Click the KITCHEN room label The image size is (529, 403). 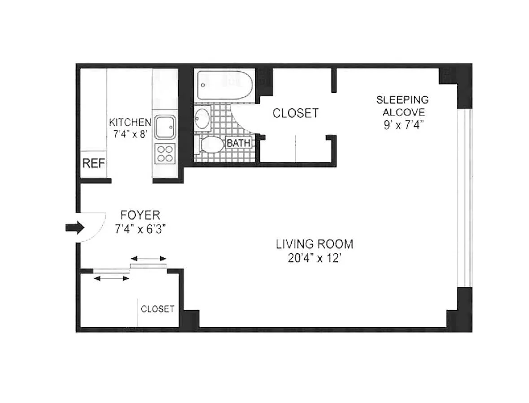pyautogui.click(x=130, y=121)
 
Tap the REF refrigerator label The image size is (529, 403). pyautogui.click(x=94, y=164)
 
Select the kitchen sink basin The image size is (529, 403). pyautogui.click(x=165, y=127)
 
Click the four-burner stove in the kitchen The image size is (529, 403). pyautogui.click(x=165, y=154)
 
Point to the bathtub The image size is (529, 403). pyautogui.click(x=224, y=85)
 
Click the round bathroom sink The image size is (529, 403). pyautogui.click(x=202, y=118)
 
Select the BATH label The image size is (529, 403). pyautogui.click(x=239, y=143)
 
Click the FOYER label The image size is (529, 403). pyautogui.click(x=140, y=215)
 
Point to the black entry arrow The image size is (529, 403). pyautogui.click(x=74, y=228)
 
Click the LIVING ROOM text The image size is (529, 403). pyautogui.click(x=315, y=244)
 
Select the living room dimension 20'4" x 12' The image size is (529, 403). pyautogui.click(x=315, y=258)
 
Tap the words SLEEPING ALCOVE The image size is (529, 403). pyautogui.click(x=403, y=106)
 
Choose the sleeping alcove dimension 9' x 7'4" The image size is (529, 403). pyautogui.click(x=403, y=125)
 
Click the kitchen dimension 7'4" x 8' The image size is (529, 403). pyautogui.click(x=131, y=134)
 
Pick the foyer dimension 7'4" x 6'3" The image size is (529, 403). pyautogui.click(x=140, y=229)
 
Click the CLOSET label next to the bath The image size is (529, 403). pyautogui.click(x=296, y=113)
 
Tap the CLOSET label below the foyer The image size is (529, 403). pyautogui.click(x=157, y=309)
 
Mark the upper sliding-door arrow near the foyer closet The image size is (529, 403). pyautogui.click(x=149, y=259)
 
